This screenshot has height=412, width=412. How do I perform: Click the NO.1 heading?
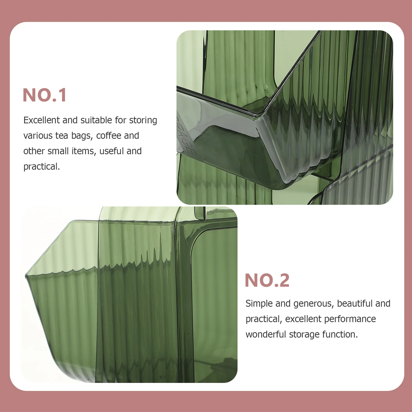45,95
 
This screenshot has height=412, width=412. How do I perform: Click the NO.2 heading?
267,280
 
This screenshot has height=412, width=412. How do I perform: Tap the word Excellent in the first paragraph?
42,120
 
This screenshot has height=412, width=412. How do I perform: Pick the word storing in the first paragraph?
143,121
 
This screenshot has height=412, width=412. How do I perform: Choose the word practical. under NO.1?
42,167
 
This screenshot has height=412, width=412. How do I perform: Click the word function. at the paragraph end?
340,334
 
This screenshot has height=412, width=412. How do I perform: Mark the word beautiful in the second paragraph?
354,304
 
